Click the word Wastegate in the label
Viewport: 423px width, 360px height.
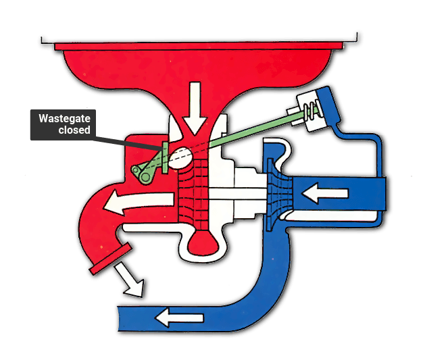pyautogui.click(x=64, y=119)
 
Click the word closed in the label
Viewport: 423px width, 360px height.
pyautogui.click(x=74, y=130)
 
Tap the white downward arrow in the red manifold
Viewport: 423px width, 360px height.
pyautogui.click(x=195, y=108)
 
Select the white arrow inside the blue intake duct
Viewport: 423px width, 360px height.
pyautogui.click(x=325, y=193)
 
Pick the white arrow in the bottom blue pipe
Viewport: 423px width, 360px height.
pyautogui.click(x=179, y=318)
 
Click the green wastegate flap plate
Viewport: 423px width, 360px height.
pyautogui.click(x=165, y=157)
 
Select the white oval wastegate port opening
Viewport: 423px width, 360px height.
pyautogui.click(x=180, y=158)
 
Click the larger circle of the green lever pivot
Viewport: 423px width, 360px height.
pyautogui.click(x=146, y=177)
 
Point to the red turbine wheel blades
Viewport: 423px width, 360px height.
pyautogui.click(x=193, y=194)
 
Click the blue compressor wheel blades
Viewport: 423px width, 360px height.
pyautogui.click(x=280, y=195)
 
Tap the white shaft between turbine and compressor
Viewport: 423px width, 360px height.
pyautogui.click(x=237, y=195)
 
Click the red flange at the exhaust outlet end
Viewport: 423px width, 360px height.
pyautogui.click(x=111, y=258)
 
